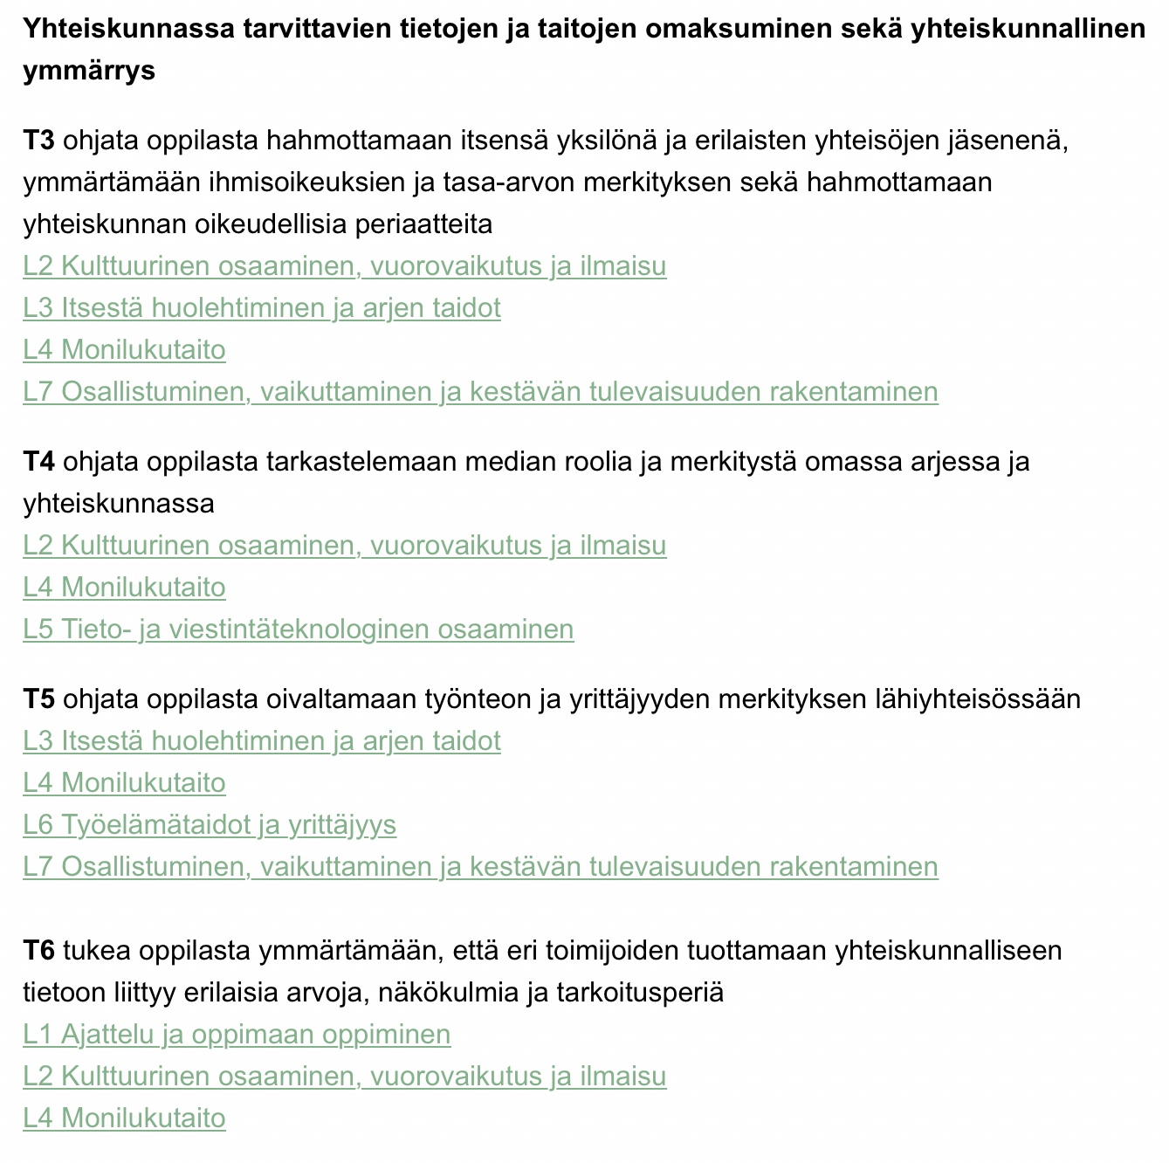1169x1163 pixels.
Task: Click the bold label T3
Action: tap(38, 141)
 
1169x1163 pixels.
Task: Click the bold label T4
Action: tap(38, 462)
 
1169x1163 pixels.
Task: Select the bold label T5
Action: tap(38, 699)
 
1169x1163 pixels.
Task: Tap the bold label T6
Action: tap(38, 951)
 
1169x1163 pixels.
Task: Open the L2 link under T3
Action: tap(344, 266)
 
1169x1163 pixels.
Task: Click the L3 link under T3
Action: tap(262, 308)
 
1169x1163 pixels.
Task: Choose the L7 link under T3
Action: tap(480, 392)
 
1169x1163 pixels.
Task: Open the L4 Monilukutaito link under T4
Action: tap(124, 588)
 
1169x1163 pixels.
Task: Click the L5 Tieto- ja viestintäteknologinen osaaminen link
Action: tap(298, 630)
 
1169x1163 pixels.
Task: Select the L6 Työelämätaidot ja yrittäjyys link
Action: tap(210, 825)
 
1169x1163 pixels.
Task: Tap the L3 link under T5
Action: tap(262, 741)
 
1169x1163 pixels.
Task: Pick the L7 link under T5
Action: tap(480, 867)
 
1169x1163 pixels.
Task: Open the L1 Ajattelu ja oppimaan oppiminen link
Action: tap(237, 1035)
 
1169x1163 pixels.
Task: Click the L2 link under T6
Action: tap(344, 1077)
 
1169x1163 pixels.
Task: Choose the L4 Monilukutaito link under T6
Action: tap(124, 1118)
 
